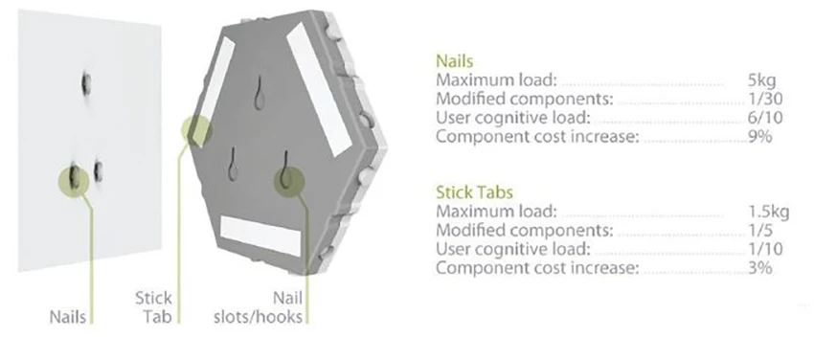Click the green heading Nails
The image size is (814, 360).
454,61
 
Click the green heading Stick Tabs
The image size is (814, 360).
474,192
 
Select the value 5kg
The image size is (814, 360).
761,81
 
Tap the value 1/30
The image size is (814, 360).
765,99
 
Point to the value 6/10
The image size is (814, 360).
765,118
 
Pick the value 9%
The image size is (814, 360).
760,136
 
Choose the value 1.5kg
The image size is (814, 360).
768,212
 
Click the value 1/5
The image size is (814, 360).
760,231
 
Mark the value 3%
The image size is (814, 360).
760,268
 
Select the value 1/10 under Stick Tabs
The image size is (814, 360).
765,249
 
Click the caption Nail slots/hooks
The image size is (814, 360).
258,307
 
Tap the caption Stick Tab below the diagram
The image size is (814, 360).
153,307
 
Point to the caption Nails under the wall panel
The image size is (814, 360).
68,316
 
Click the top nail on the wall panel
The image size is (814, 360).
85,84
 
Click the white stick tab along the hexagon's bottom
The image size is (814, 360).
261,236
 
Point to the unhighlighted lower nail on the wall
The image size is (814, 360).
97,170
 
